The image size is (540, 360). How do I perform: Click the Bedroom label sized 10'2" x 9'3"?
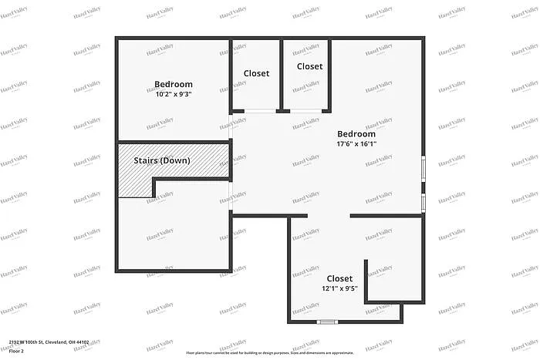tap(173, 84)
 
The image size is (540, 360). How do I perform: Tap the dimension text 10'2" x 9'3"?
tap(173, 94)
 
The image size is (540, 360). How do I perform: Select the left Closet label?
tap(256, 73)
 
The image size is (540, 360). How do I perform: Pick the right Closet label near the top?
tap(309, 66)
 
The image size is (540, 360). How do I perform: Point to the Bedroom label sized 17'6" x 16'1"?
tap(356, 133)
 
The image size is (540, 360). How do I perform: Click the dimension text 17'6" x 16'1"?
tap(356, 143)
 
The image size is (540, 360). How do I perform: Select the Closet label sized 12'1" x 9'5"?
tap(339, 278)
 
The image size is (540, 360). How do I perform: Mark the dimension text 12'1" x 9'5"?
tap(339, 288)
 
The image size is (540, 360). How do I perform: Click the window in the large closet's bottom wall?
tap(328, 321)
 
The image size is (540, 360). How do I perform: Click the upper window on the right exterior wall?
tap(423, 168)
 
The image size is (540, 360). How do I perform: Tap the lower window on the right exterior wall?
tap(423, 201)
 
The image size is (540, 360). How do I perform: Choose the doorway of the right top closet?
tap(306, 112)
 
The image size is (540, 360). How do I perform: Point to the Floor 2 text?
tap(17, 351)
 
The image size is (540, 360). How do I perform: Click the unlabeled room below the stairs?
tap(174, 227)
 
